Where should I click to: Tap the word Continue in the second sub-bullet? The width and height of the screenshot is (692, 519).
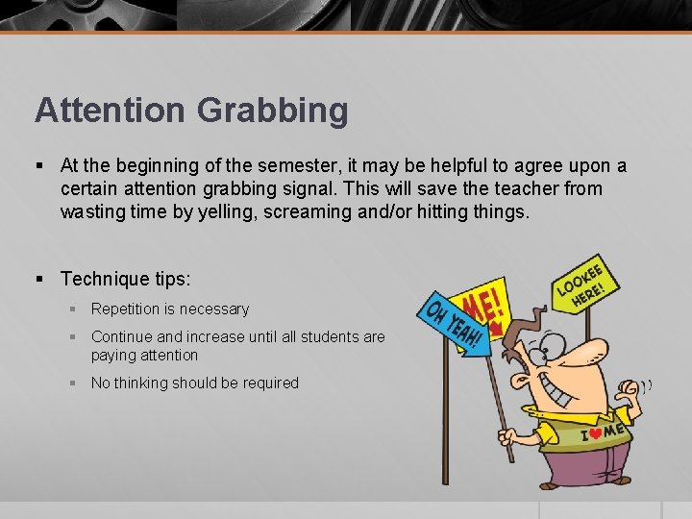121,336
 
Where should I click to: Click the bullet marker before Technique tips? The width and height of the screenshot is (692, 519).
40,279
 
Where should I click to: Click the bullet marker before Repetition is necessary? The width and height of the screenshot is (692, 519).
73,309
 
